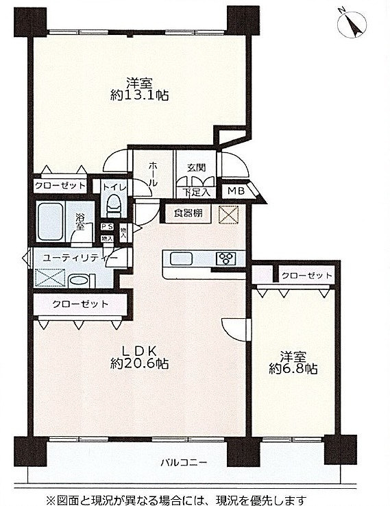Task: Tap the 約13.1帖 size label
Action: coord(139,95)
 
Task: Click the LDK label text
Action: coord(139,350)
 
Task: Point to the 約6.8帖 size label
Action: coord(293,368)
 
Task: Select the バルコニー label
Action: coord(184,463)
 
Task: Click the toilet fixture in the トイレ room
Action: coord(114,206)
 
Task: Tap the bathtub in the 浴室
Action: coord(50,221)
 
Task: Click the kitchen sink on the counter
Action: coord(181,258)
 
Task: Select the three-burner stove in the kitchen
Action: coord(227,258)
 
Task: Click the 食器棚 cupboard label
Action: coord(188,213)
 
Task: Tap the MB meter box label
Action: coord(236,191)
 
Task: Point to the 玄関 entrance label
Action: coord(197,168)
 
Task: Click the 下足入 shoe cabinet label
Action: coord(197,193)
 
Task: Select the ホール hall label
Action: coord(154,175)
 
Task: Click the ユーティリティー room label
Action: coord(80,258)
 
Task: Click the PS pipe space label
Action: coord(108,227)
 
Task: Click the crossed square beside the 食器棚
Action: coord(229,215)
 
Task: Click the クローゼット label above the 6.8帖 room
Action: coord(306,276)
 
